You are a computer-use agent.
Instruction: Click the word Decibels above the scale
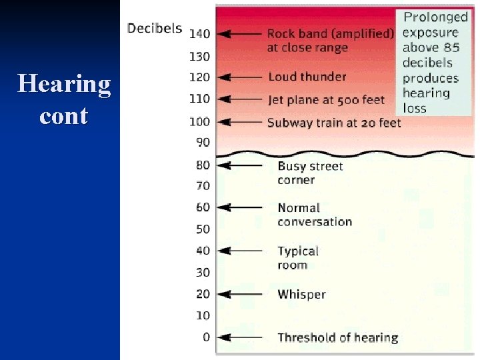point(155,28)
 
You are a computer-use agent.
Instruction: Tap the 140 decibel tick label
point(199,33)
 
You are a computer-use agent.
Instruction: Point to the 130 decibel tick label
point(199,56)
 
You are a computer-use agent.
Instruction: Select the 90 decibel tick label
point(203,142)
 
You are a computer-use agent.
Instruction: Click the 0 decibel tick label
point(206,337)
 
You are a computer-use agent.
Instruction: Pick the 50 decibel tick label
point(203,229)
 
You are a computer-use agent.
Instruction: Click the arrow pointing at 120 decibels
point(240,77)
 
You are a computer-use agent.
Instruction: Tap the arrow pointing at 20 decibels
point(240,294)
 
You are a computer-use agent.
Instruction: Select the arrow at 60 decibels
point(240,207)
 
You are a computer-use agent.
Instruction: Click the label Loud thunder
point(307,77)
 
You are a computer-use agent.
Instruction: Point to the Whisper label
point(301,294)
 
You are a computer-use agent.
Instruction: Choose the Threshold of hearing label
point(337,337)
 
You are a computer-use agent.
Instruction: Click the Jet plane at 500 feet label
point(326,100)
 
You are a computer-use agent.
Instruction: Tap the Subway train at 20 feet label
point(334,123)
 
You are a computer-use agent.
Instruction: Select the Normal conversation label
point(314,215)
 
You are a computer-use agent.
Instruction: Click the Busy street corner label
point(310,173)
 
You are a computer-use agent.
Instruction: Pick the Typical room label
point(298,258)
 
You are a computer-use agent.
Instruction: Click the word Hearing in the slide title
point(64,85)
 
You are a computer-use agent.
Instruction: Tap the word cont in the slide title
point(63,116)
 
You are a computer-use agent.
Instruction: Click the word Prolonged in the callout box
point(435,17)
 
